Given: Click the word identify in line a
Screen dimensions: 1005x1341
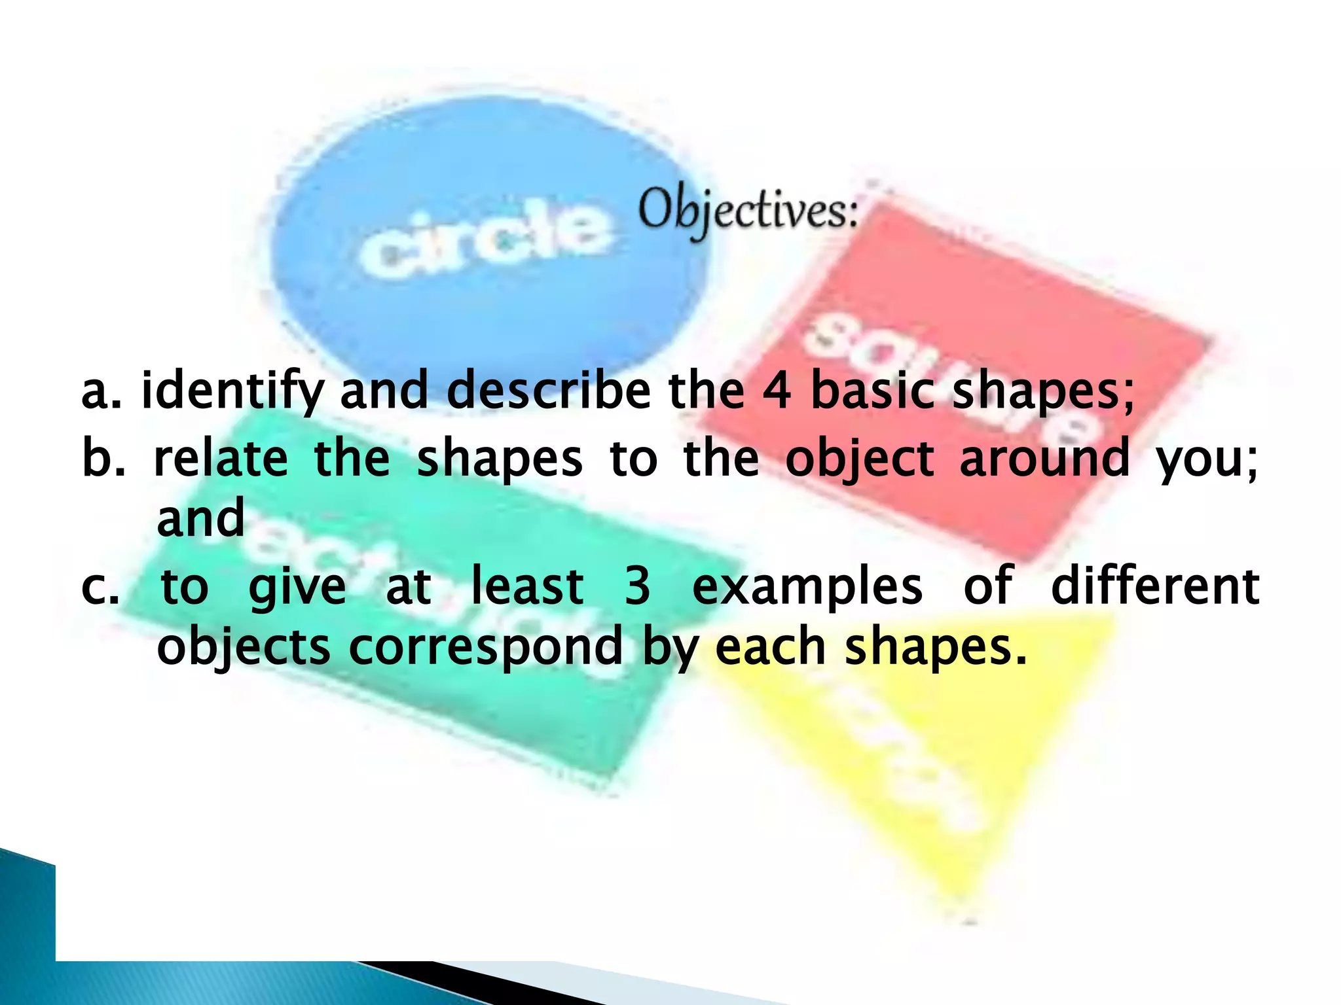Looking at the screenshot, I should (x=232, y=391).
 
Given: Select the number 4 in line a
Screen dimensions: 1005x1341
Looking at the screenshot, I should (x=777, y=390).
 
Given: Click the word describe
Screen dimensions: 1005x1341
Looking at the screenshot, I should (x=549, y=390).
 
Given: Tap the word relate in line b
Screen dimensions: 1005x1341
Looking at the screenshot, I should (x=221, y=458).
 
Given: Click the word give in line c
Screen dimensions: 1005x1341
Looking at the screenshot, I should (x=297, y=588).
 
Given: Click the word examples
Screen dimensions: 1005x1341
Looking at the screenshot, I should (x=807, y=588).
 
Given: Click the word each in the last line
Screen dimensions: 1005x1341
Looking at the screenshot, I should (x=770, y=646).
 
